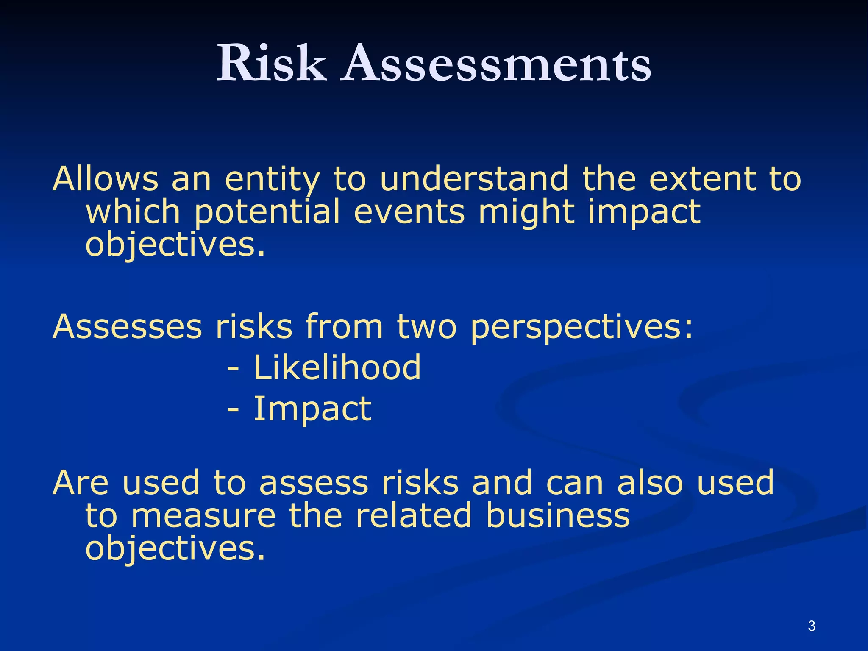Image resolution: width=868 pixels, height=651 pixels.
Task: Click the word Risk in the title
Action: click(x=271, y=64)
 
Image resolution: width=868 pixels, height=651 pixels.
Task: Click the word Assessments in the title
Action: click(x=497, y=64)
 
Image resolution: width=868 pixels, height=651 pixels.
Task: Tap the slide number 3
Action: click(x=812, y=626)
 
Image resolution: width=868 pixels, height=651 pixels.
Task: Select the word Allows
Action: click(x=105, y=179)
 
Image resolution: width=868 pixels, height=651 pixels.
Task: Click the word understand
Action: click(x=474, y=179)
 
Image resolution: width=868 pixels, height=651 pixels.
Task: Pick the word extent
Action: click(x=702, y=180)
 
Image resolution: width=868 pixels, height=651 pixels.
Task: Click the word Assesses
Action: click(x=127, y=327)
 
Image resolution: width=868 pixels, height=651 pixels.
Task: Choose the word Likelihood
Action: click(x=337, y=367)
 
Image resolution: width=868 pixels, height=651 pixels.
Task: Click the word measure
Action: click(x=203, y=516)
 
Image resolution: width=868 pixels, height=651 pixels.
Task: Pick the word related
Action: click(x=413, y=515)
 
